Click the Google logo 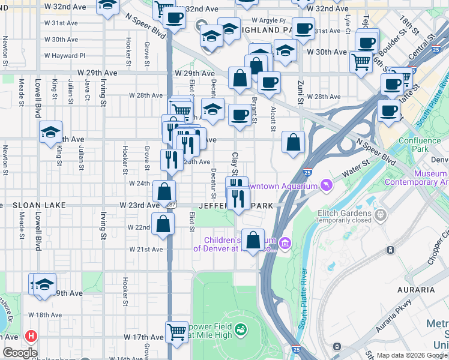coord(20,353)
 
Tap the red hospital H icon coord(28,337)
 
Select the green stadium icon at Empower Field coord(241,329)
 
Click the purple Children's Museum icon coord(285,244)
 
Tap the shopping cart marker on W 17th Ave coord(177,331)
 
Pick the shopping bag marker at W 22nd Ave coord(163,224)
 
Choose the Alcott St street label coord(273,118)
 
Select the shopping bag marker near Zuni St coord(294,143)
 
